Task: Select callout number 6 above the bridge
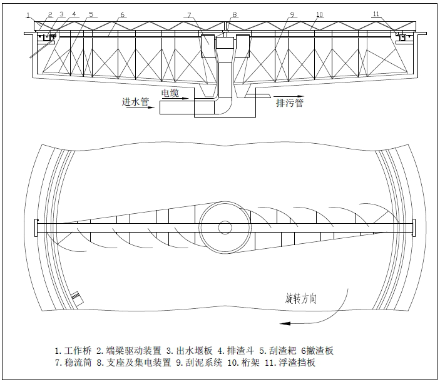(x=123, y=14)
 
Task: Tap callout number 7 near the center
(x=188, y=14)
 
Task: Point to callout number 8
(x=234, y=14)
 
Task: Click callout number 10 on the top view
(x=319, y=14)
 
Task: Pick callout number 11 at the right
(x=393, y=14)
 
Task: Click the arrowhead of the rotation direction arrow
(x=284, y=322)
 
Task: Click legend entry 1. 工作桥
(x=73, y=350)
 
